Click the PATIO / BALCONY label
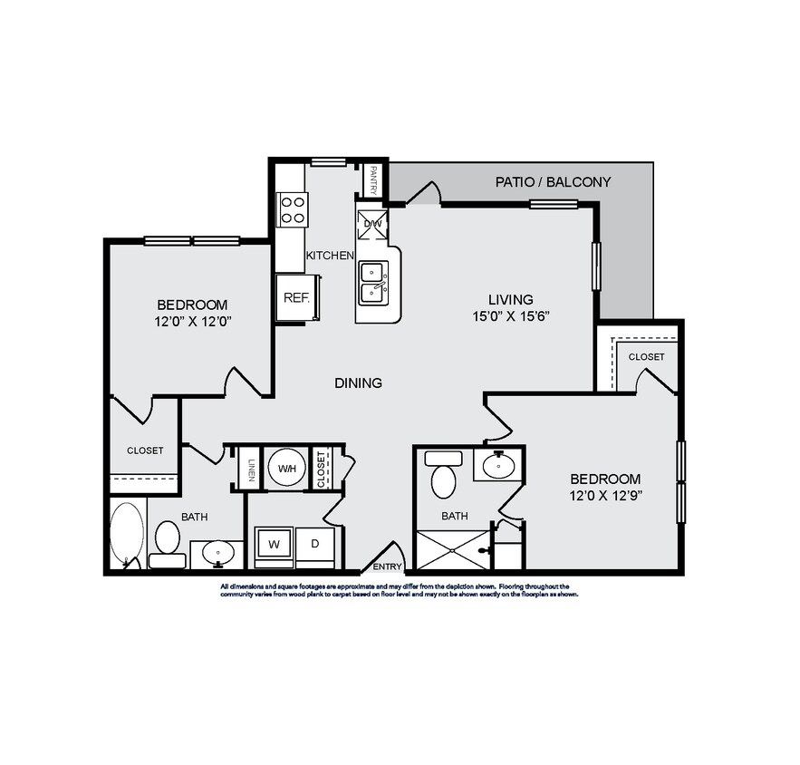pyautogui.click(x=553, y=182)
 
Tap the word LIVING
pyautogui.click(x=511, y=300)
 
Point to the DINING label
pyautogui.click(x=358, y=383)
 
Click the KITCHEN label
pyautogui.click(x=329, y=257)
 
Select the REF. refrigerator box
pyautogui.click(x=297, y=297)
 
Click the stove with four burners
pyautogui.click(x=292, y=210)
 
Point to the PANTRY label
pyautogui.click(x=373, y=179)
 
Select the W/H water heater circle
pyautogui.click(x=287, y=469)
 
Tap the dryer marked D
pyautogui.click(x=315, y=546)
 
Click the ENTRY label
pyautogui.click(x=387, y=567)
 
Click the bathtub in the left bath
pyautogui.click(x=128, y=534)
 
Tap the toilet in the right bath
pyautogui.click(x=443, y=479)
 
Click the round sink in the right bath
pyautogui.click(x=497, y=468)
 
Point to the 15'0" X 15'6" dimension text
pyautogui.click(x=511, y=316)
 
